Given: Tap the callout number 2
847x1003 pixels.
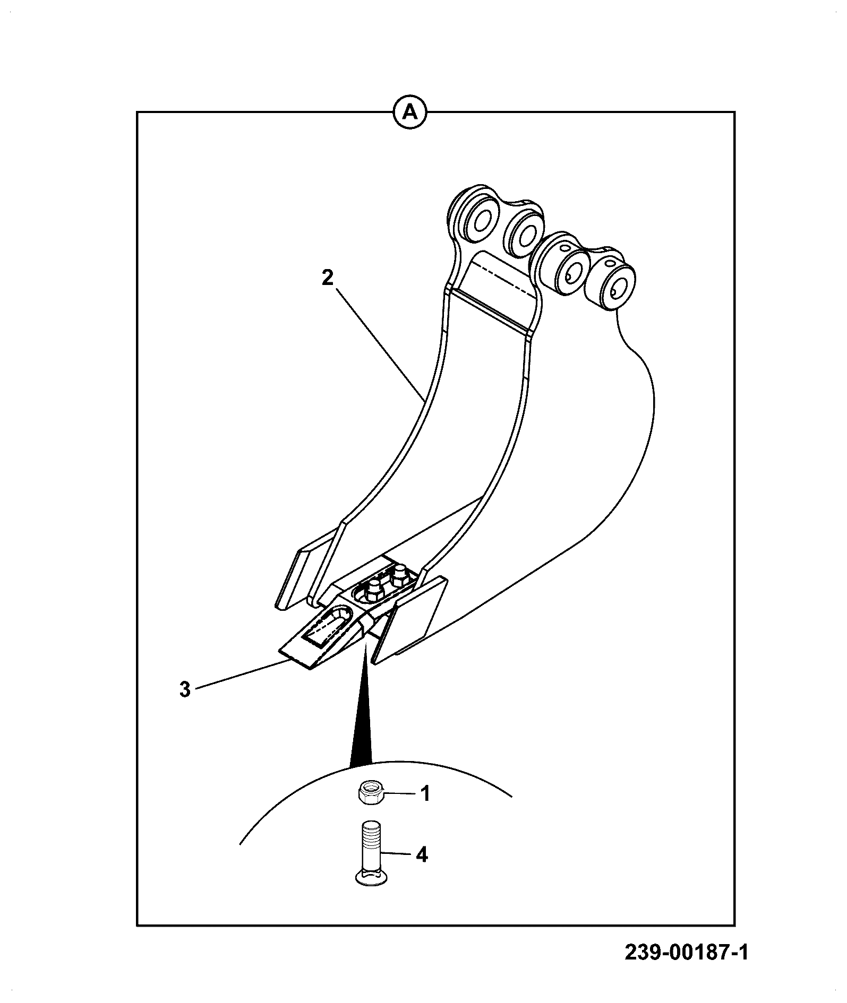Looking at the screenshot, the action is coord(328,278).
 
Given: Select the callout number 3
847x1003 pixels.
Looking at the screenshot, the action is coord(184,690).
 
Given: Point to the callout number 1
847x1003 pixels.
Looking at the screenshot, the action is coord(425,794).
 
